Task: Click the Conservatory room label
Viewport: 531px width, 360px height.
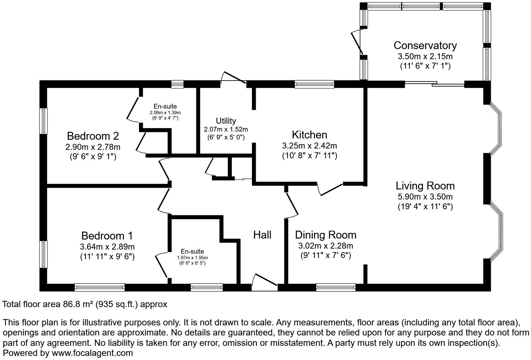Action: pyautogui.click(x=425, y=46)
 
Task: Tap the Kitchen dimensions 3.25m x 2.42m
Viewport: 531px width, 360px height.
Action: pyautogui.click(x=309, y=145)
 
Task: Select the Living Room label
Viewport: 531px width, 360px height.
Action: pyautogui.click(x=425, y=186)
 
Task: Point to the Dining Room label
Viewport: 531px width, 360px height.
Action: pyautogui.click(x=326, y=235)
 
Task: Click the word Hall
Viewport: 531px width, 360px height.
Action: pyautogui.click(x=262, y=235)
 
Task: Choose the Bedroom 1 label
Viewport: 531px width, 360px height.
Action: pyautogui.click(x=107, y=236)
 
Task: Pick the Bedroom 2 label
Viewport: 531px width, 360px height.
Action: pyautogui.click(x=93, y=136)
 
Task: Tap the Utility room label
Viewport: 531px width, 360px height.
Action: pyautogui.click(x=226, y=121)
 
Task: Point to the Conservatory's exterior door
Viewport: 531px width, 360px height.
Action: pyautogui.click(x=357, y=42)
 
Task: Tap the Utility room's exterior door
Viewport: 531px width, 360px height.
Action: pyautogui.click(x=233, y=77)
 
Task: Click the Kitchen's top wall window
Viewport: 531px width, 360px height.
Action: pyautogui.click(x=314, y=84)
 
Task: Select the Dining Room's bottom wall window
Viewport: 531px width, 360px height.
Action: pyautogui.click(x=336, y=287)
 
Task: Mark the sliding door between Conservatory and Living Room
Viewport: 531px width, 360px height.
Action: pyautogui.click(x=434, y=83)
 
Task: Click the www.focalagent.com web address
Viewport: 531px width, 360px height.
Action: pyautogui.click(x=92, y=353)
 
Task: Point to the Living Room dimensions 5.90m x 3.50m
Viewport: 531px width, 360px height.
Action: pyautogui.click(x=425, y=197)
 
